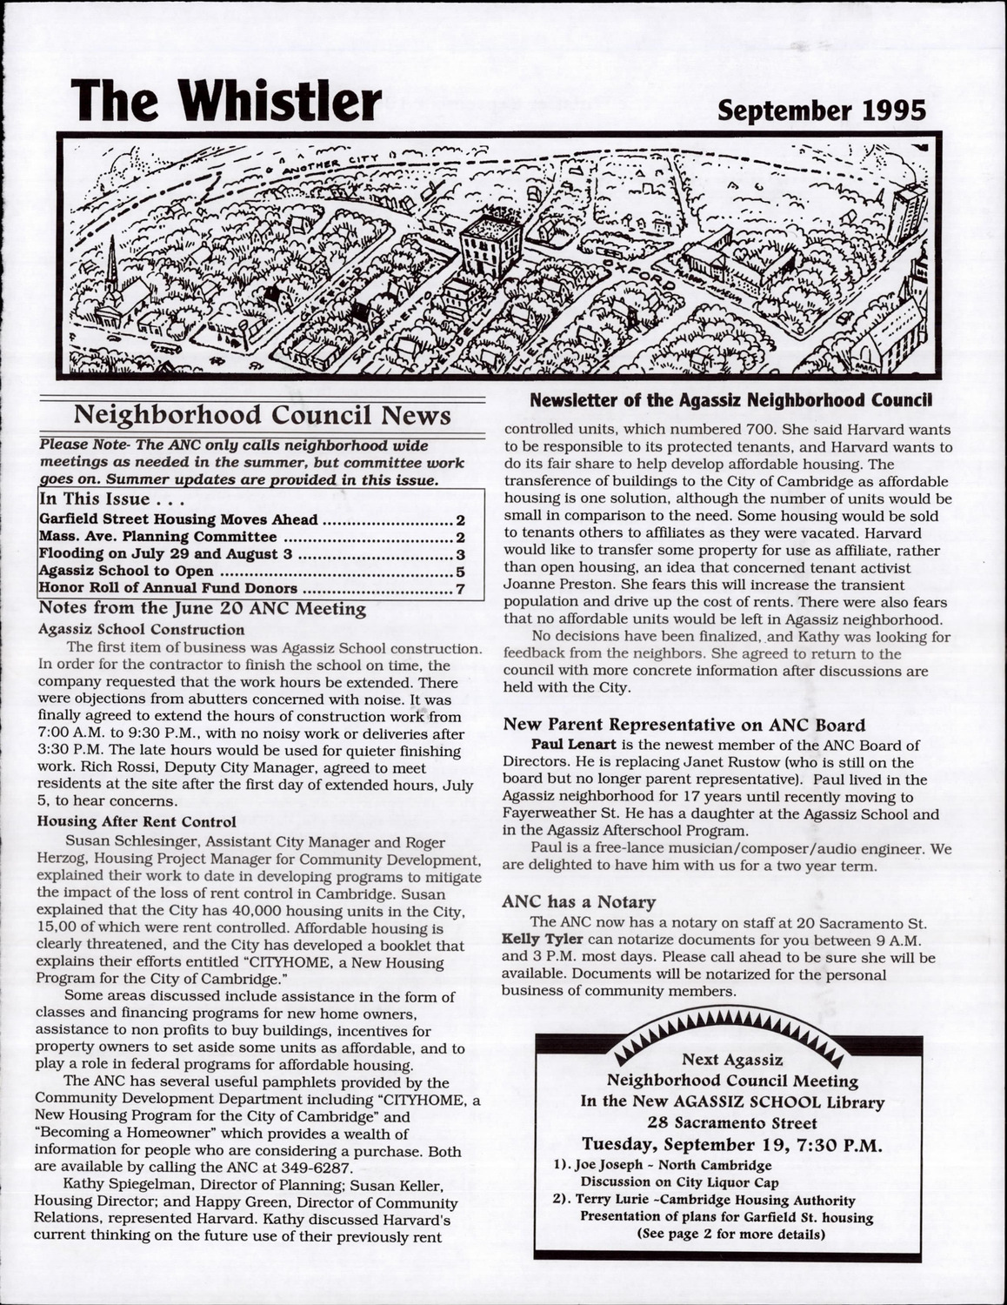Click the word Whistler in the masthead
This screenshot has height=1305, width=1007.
pos(278,102)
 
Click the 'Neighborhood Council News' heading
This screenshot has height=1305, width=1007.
pos(263,414)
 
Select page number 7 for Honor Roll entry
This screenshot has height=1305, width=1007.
pos(460,590)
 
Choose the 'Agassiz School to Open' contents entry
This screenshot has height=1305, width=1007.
pos(127,572)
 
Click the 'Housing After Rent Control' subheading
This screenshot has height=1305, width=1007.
pos(137,821)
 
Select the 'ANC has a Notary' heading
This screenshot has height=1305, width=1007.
pos(579,902)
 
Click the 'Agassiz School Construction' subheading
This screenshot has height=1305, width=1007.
pos(142,629)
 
